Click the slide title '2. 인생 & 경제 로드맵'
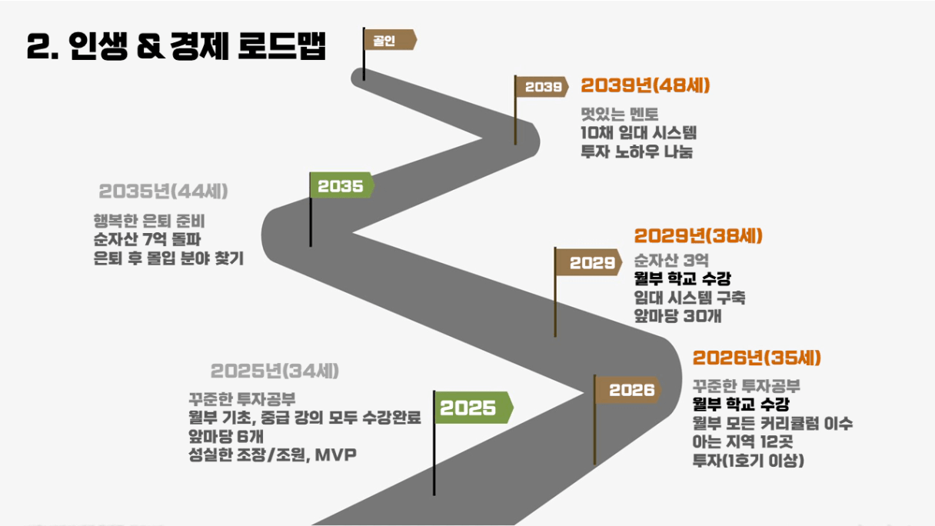[176, 46]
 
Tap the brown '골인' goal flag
[390, 40]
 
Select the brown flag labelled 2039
[542, 87]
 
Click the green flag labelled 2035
[341, 185]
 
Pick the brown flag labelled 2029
[588, 262]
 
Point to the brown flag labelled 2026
[627, 390]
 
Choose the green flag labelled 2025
[474, 408]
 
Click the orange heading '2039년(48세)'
[645, 85]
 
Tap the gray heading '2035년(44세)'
[163, 191]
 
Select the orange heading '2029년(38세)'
[698, 236]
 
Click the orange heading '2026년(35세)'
[757, 358]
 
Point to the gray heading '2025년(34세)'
[275, 371]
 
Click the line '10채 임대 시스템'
[639, 133]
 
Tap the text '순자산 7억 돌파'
[147, 239]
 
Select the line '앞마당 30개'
[677, 315]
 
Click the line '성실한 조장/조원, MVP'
[272, 454]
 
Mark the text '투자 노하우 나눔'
[637, 151]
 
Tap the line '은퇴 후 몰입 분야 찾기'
[168, 258]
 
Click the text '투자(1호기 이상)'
[748, 461]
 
